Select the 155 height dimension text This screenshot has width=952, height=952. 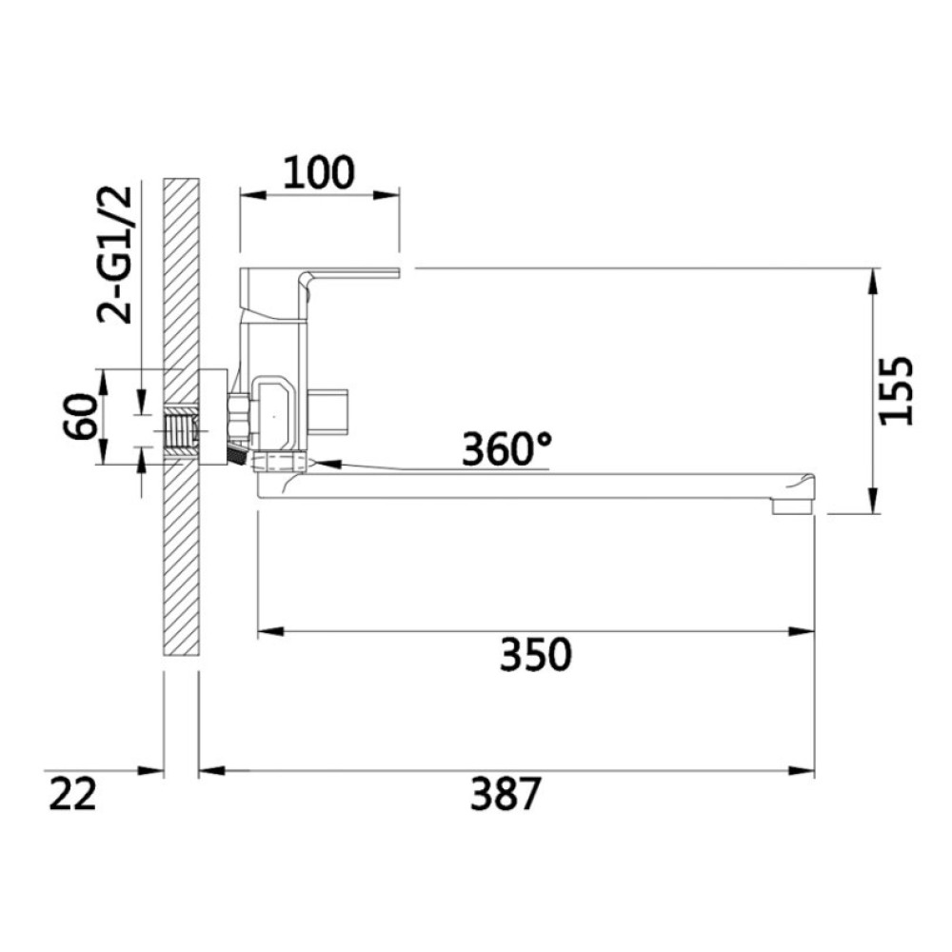click(896, 390)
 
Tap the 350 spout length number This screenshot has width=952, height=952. click(535, 655)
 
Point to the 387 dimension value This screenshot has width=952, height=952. click(506, 794)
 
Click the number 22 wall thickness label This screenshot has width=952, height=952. click(72, 794)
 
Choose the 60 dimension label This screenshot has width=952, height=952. click(81, 416)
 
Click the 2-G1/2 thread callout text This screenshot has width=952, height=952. click(115, 254)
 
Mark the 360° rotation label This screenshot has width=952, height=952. click(507, 448)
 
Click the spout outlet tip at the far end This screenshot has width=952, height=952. click(792, 506)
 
